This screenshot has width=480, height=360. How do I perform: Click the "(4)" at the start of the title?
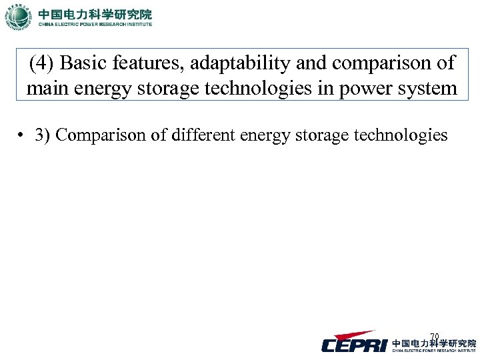coord(41,64)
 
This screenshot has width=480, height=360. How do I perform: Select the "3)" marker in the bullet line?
coord(44,135)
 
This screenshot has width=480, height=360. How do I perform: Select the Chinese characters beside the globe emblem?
coord(95,13)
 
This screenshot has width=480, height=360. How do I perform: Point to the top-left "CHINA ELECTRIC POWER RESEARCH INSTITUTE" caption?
coord(95,25)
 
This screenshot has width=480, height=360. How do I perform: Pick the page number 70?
coord(435,336)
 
